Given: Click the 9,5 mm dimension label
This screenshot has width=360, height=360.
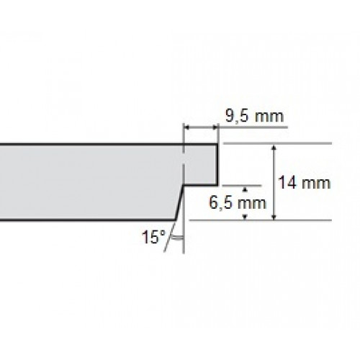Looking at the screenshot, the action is pyautogui.click(x=254, y=116).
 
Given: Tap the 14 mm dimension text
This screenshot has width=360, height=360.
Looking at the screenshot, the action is pyautogui.click(x=305, y=183).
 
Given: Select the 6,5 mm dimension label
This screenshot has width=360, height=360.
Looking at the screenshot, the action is pyautogui.click(x=238, y=202).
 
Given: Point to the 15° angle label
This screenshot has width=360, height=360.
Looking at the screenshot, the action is pyautogui.click(x=154, y=237).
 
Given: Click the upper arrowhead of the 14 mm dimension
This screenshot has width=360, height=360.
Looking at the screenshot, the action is pyautogui.click(x=274, y=147).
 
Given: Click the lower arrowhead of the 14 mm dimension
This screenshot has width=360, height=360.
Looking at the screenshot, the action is pyautogui.click(x=274, y=217).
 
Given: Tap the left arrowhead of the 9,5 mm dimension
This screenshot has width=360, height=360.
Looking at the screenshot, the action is pyautogui.click(x=187, y=127).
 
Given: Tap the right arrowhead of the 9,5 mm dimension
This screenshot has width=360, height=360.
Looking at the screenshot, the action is pyautogui.click(x=215, y=127).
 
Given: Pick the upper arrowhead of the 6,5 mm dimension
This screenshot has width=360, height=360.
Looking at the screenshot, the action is pyautogui.click(x=245, y=189).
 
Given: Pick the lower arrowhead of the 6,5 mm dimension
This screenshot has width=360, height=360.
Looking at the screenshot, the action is pyautogui.click(x=245, y=217).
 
